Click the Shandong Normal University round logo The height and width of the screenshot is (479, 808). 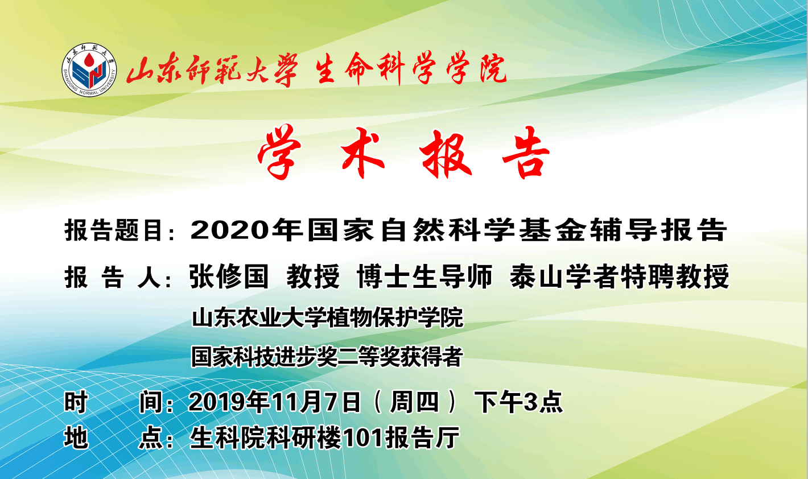(89, 70)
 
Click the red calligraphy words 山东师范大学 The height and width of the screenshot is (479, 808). (212, 70)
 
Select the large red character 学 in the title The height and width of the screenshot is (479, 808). (279, 152)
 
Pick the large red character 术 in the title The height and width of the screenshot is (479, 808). (362, 152)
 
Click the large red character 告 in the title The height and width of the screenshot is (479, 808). (526, 152)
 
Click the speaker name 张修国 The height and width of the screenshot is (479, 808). (229, 276)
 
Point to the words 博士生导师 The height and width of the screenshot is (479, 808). (424, 276)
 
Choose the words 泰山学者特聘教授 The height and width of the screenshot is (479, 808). (619, 276)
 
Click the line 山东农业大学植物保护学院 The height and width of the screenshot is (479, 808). (327, 318)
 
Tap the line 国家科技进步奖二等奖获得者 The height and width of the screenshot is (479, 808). (327, 357)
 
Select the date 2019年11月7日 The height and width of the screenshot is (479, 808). (275, 402)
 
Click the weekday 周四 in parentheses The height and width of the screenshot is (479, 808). (414, 402)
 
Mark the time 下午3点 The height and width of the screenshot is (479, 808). (518, 402)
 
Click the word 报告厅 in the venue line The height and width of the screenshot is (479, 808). (422, 438)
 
